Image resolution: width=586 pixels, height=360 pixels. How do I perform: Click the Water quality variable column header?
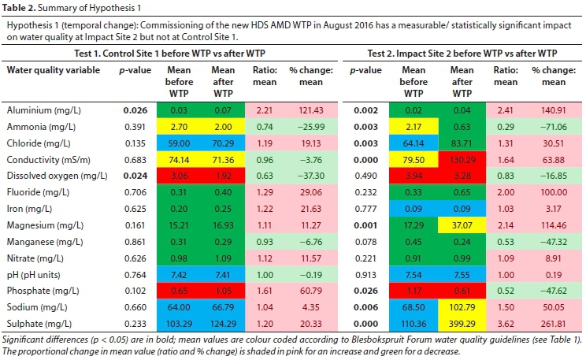coord(54,69)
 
